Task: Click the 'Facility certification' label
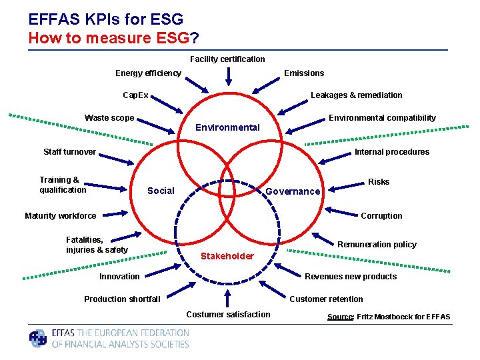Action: click(x=227, y=59)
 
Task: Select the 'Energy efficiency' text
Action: click(x=148, y=73)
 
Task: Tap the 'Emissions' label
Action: click(x=304, y=73)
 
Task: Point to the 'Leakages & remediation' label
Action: click(x=357, y=95)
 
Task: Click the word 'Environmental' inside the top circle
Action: click(x=227, y=127)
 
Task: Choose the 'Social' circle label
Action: click(x=161, y=191)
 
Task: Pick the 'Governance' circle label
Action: click(x=293, y=191)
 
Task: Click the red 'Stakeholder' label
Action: click(x=227, y=256)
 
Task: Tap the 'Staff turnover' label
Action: click(x=69, y=152)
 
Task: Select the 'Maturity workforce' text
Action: click(x=60, y=216)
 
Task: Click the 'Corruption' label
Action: click(x=381, y=216)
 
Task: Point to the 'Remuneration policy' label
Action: click(x=377, y=245)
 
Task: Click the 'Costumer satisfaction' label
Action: click(x=229, y=315)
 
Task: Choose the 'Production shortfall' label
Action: click(x=122, y=299)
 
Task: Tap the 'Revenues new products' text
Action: click(x=351, y=277)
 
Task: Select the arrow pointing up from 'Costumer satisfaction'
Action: click(x=228, y=298)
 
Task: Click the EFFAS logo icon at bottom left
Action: click(x=39, y=339)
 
